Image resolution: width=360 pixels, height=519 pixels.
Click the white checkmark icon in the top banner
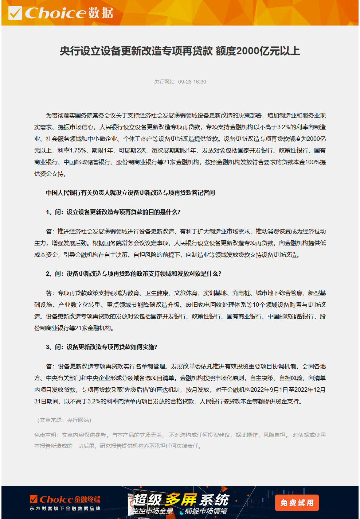point(15,13)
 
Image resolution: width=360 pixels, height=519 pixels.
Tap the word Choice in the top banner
point(55,13)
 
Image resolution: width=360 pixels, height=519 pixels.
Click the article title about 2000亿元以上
point(180,51)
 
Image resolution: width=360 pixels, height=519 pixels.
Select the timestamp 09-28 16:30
point(192,82)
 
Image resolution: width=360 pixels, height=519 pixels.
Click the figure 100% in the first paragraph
point(312,162)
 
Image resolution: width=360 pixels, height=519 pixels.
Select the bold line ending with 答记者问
point(130,193)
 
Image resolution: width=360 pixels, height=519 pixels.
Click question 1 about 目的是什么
point(113,212)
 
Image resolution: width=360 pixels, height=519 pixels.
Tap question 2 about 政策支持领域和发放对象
point(134,274)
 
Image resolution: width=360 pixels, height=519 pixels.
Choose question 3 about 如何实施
point(102,347)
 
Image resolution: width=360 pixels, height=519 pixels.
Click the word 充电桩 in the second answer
point(241,293)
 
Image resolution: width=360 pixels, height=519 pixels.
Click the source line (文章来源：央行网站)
point(64,420)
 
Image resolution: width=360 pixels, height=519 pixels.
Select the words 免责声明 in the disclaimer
point(45,435)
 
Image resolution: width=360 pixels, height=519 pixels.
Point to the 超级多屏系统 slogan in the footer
point(181,500)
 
